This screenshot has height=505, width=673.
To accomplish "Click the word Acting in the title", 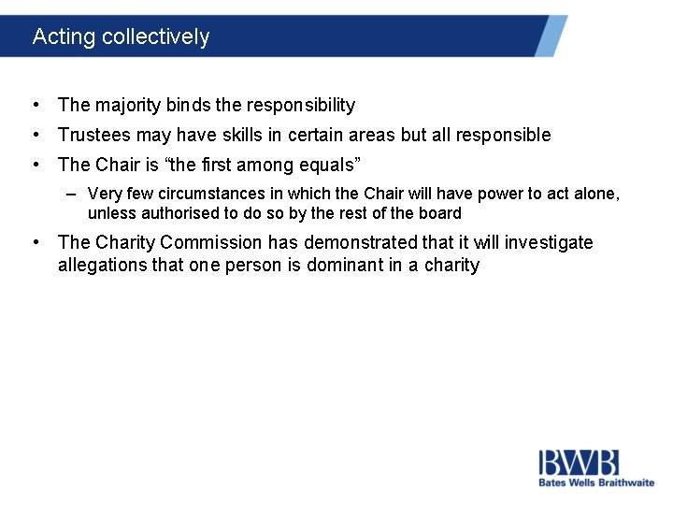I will point(64,37).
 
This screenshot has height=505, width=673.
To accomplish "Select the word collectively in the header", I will point(155,37).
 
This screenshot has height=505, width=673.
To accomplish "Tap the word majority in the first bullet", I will point(131,106).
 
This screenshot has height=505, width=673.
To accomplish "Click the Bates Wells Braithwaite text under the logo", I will point(595,483).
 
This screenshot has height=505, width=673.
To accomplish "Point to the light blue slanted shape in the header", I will point(551,36).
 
